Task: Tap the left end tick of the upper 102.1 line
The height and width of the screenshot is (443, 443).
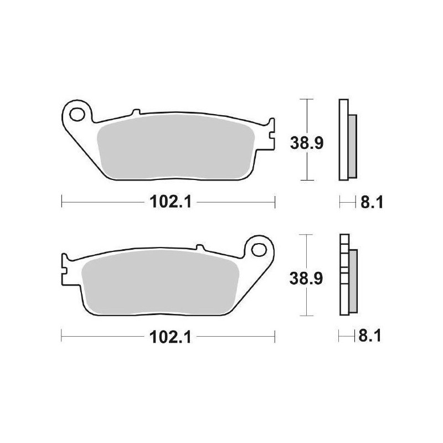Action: [61, 202]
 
